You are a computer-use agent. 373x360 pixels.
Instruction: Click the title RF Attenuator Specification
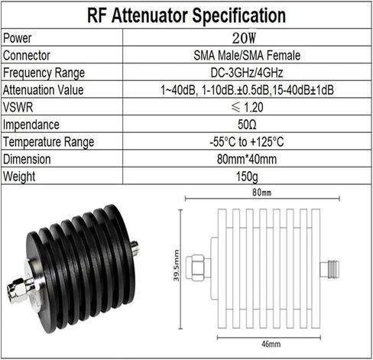[186, 16]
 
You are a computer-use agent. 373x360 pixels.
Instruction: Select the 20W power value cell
[244, 38]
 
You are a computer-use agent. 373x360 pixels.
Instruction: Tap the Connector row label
[27, 55]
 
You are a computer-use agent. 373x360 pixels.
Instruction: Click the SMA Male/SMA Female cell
[247, 55]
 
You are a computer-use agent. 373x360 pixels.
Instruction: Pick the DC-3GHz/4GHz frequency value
[247, 73]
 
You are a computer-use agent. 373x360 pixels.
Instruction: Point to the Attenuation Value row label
[43, 90]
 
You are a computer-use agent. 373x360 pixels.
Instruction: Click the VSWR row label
[18, 107]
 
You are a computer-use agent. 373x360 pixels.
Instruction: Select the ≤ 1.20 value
[247, 107]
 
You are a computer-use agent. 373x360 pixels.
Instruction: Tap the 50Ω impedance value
[247, 125]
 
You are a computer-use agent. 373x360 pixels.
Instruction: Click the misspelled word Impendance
[31, 125]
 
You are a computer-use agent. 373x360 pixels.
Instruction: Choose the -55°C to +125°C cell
[247, 142]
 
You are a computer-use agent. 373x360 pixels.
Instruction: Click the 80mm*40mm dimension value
[247, 159]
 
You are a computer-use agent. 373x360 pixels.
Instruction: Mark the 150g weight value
[247, 177]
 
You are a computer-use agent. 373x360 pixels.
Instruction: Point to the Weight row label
[19, 177]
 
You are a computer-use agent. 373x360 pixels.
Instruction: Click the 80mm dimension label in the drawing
[261, 193]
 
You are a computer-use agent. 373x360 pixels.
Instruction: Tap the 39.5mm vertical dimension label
[177, 265]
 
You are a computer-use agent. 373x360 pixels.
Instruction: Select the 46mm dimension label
[271, 344]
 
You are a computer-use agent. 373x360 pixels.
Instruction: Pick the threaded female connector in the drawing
[329, 269]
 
